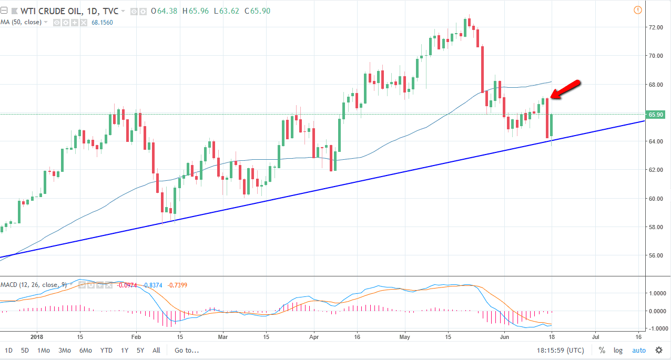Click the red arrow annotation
point(565,89)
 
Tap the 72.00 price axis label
point(655,27)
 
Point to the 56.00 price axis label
point(655,256)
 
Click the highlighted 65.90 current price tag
point(656,114)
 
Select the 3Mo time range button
point(65,350)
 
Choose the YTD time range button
point(106,350)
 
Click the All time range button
point(156,350)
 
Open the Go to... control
point(187,350)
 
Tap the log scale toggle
point(618,350)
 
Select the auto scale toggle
point(638,350)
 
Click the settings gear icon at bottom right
point(658,350)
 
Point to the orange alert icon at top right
point(638,10)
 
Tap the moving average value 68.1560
point(101,22)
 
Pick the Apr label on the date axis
point(314,336)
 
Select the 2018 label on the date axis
point(37,336)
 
